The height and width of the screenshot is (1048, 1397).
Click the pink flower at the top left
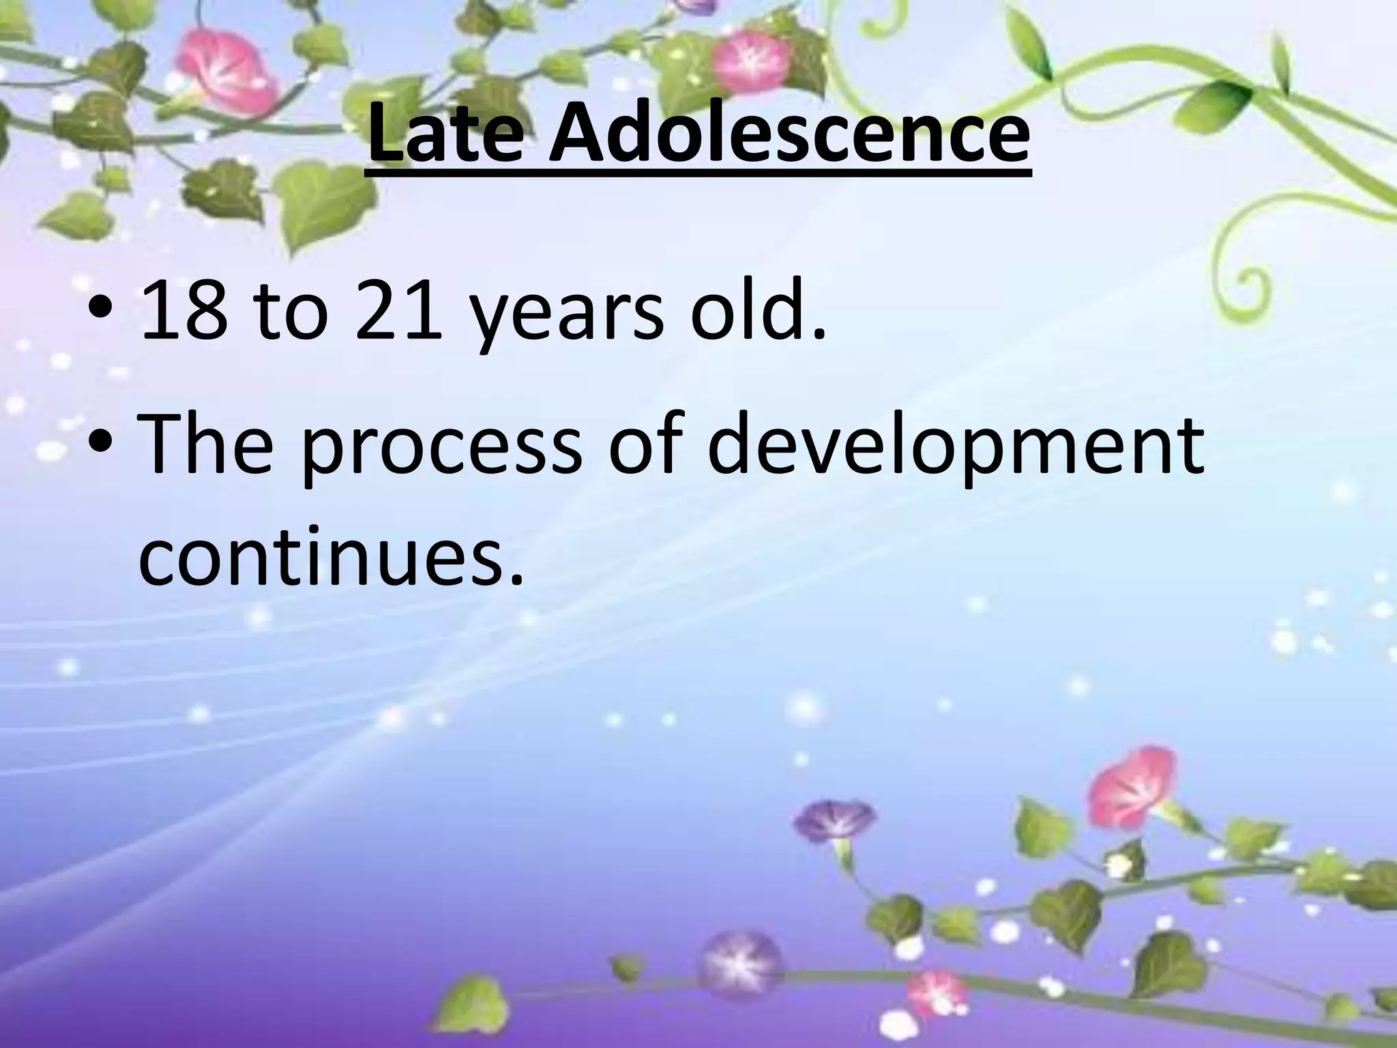225,72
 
